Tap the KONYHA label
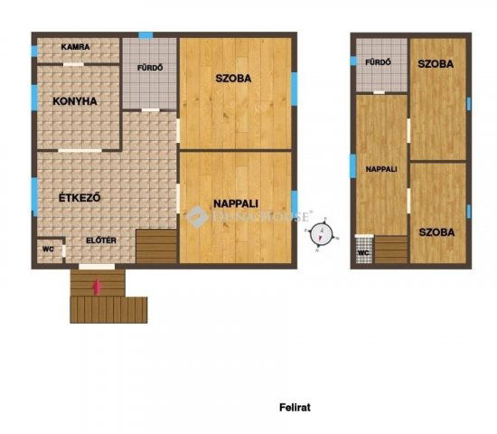(75, 101)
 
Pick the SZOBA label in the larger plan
(233, 78)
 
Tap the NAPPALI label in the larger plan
(234, 202)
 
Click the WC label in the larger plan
(49, 247)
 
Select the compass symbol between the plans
(321, 234)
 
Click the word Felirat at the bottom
(295, 408)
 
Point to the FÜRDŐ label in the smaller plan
(379, 62)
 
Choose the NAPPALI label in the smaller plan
(380, 169)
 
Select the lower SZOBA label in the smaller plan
(436, 232)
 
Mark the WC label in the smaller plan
(362, 252)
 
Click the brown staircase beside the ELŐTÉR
(156, 245)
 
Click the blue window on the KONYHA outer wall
(34, 98)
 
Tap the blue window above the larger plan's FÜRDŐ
(145, 35)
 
